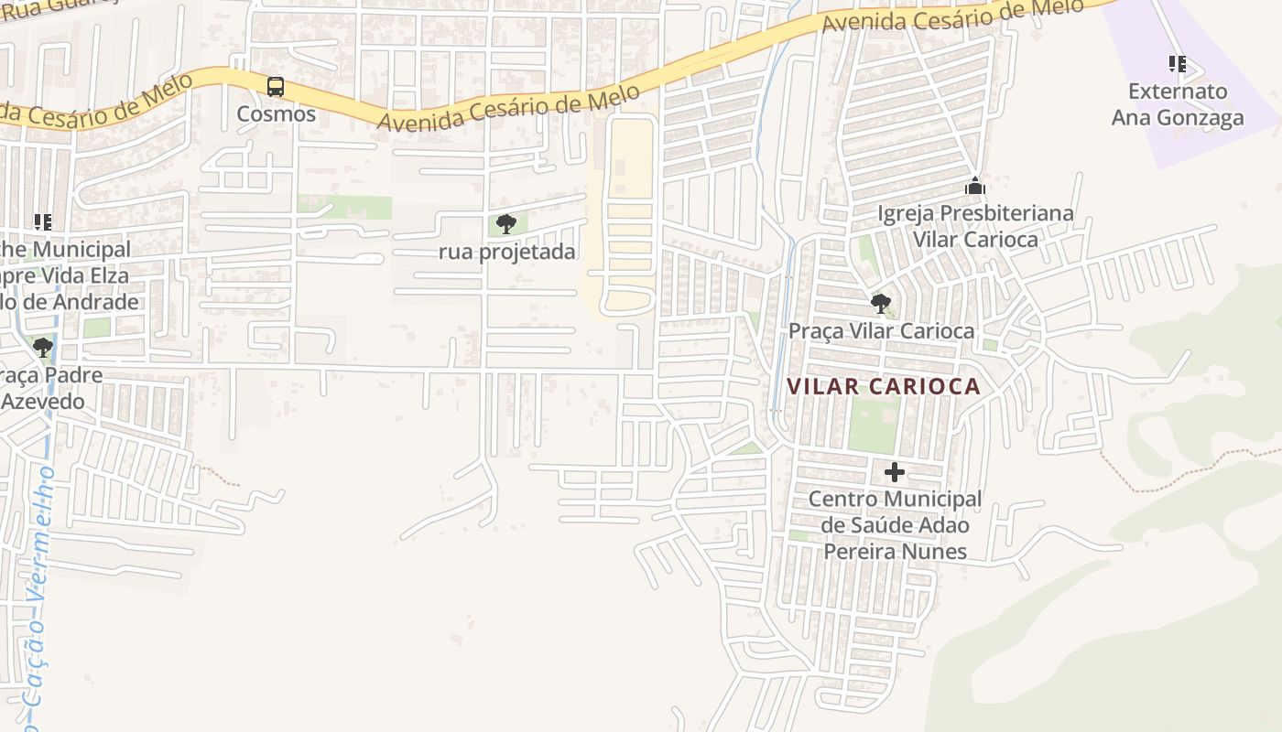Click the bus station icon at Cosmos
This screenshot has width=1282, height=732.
276,87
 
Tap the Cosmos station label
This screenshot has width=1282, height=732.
276,114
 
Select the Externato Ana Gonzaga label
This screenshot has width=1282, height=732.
1178,104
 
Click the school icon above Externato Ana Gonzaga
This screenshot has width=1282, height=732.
1178,64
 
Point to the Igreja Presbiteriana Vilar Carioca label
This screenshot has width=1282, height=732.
975,226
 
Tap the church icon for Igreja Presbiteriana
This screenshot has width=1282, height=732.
975,187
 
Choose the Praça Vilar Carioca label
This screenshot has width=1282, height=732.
881,330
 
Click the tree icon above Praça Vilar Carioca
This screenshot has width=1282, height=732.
881,303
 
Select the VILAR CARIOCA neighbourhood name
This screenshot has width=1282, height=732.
884,386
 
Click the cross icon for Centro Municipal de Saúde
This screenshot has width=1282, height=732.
895,472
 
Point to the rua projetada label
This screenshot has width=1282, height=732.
507,252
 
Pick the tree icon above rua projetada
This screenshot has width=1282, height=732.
506,223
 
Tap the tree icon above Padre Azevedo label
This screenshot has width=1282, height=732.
43,347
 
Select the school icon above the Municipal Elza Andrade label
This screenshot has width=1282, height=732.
43,221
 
